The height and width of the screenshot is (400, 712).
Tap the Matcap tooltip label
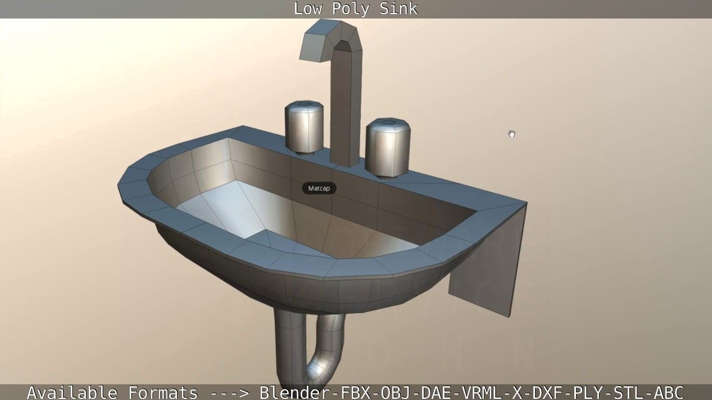pos(319,188)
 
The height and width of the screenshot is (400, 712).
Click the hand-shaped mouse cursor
pos(511,134)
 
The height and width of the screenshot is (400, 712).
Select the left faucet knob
pos(304,128)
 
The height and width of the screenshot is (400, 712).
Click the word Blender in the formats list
pos(296,392)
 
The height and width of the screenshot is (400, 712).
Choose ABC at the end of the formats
pos(668,392)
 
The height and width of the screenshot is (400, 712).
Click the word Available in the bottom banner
pos(72,392)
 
